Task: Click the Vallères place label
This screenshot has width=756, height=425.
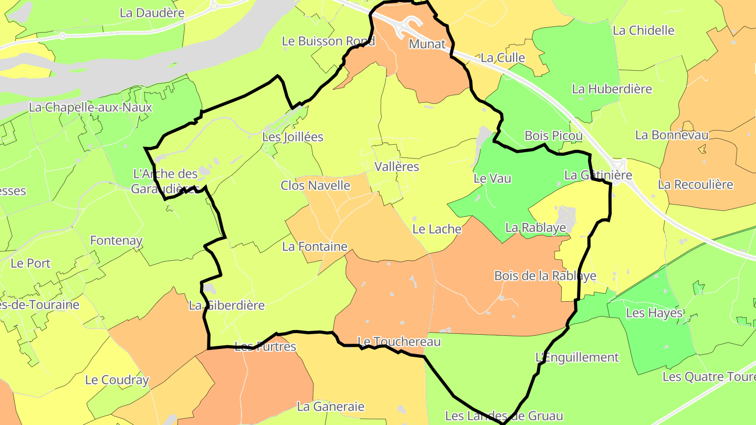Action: (x=397, y=167)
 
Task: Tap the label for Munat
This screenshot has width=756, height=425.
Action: (x=427, y=44)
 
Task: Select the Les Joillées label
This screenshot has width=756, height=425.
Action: (x=292, y=137)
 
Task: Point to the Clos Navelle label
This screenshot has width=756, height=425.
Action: (x=315, y=185)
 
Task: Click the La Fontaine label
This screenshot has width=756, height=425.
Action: (x=314, y=247)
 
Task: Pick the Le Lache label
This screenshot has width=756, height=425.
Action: (x=437, y=229)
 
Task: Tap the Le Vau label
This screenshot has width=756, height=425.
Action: (x=492, y=178)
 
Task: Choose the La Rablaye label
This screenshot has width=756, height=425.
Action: (x=535, y=228)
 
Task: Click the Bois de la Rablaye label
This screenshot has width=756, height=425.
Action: (x=545, y=276)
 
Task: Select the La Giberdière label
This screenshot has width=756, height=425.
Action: (x=227, y=305)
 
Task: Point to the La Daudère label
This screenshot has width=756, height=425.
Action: (x=152, y=13)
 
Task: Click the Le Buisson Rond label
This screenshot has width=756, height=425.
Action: (x=329, y=41)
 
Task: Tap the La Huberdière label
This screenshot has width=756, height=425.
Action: (x=612, y=89)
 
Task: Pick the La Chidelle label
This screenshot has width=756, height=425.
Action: (x=643, y=30)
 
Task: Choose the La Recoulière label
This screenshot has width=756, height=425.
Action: (x=695, y=185)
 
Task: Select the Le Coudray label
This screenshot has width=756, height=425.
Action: (x=117, y=380)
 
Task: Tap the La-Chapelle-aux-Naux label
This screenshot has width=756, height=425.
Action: (x=90, y=108)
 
